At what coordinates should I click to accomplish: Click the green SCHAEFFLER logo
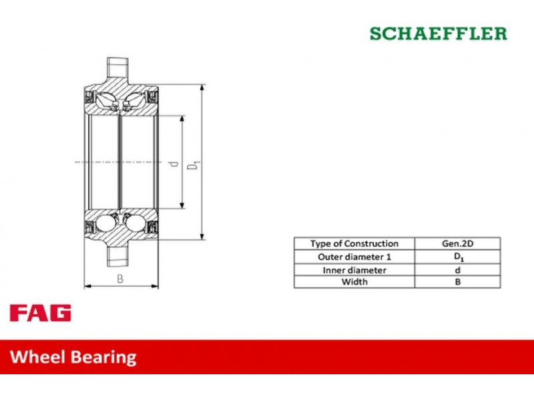click(x=439, y=34)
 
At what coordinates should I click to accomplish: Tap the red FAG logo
click(x=41, y=313)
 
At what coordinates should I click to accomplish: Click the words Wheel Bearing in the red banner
click(x=73, y=357)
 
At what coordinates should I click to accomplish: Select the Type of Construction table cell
click(x=354, y=243)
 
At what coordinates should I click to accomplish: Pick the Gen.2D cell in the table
click(x=457, y=243)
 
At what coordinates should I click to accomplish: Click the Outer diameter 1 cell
click(x=354, y=257)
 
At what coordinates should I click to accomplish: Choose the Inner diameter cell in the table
click(x=354, y=270)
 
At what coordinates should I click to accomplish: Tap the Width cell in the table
click(x=354, y=282)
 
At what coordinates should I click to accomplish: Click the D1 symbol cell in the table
click(x=457, y=257)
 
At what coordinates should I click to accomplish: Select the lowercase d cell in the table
click(x=457, y=270)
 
